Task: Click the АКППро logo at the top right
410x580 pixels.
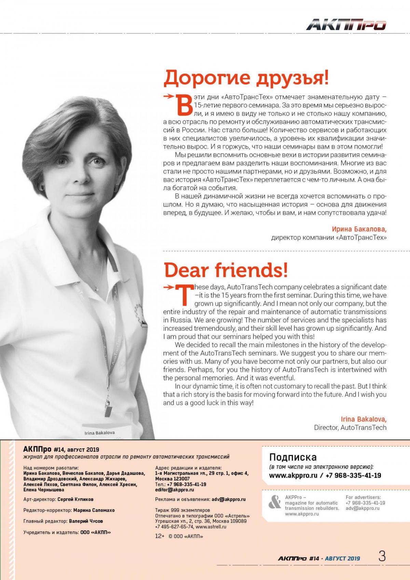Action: pos(346,25)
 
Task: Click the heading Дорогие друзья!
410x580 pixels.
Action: pos(246,78)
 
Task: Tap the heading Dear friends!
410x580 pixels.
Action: pos(226,270)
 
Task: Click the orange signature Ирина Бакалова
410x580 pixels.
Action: pos(359,229)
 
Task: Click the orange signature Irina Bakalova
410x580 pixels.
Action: pos(364,419)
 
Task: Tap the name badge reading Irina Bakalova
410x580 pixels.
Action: pos(100,433)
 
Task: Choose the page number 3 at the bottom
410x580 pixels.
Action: pos(382,557)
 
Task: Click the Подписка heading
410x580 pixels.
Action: pos(293,457)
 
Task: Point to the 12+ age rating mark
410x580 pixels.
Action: pos(160,536)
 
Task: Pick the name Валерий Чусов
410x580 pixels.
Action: pos(86,521)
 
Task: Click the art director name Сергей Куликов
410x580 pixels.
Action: pos(75,499)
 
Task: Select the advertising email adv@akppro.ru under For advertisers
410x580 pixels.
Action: pos(362,508)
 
